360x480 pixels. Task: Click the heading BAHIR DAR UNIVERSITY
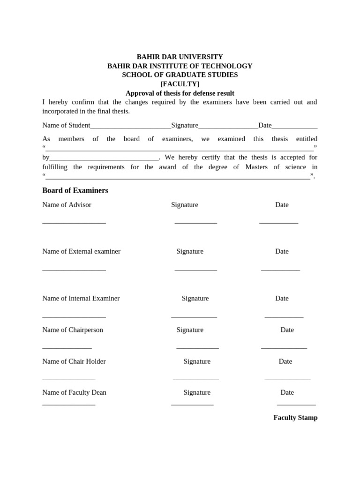(x=180, y=57)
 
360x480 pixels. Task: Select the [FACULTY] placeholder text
(x=180, y=84)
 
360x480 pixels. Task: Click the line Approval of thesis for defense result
(x=180, y=93)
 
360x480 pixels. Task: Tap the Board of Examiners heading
(x=75, y=190)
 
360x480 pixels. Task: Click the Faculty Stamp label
(x=295, y=418)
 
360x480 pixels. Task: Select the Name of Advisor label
(x=67, y=205)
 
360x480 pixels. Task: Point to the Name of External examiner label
(x=81, y=251)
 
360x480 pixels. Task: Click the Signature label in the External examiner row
(x=190, y=251)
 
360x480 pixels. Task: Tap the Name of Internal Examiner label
(x=81, y=298)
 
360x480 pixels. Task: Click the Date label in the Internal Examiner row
(x=282, y=298)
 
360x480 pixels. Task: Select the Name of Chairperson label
(x=73, y=330)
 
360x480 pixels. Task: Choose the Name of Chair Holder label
(x=74, y=361)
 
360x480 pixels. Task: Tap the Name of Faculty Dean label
(x=74, y=392)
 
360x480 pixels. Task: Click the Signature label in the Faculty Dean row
(x=197, y=392)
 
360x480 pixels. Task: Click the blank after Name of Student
(x=130, y=127)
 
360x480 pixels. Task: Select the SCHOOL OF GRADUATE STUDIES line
(x=180, y=75)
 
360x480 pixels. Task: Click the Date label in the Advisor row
(x=282, y=205)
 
